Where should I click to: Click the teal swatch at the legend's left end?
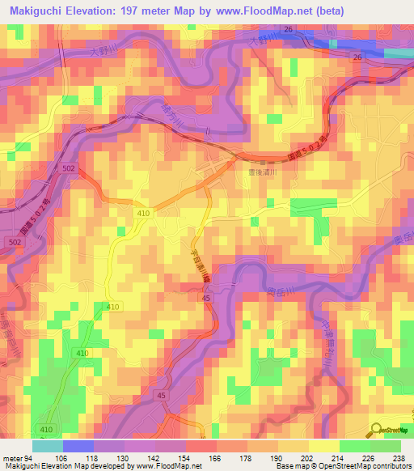(48, 446)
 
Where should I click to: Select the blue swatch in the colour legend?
(78, 446)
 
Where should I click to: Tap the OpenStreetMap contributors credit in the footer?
(356, 466)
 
